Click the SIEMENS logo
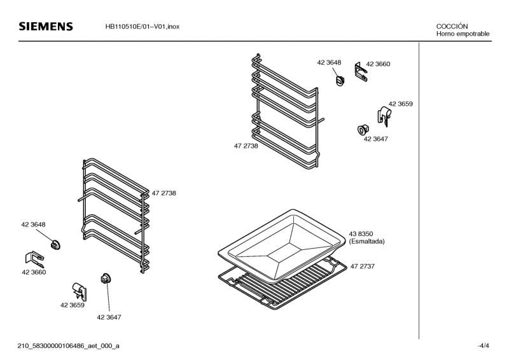pyautogui.click(x=46, y=26)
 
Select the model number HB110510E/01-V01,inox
pyautogui.click(x=142, y=27)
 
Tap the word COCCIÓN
pyautogui.click(x=452, y=26)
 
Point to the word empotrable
pyautogui.click(x=473, y=34)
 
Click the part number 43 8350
pyautogui.click(x=361, y=233)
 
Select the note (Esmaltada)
pyautogui.click(x=367, y=242)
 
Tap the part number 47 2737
pyautogui.click(x=362, y=267)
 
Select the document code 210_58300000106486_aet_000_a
pyautogui.click(x=69, y=346)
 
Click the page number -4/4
pyautogui.click(x=483, y=346)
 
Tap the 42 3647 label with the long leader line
pyautogui.click(x=109, y=317)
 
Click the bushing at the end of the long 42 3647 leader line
pyautogui.click(x=106, y=279)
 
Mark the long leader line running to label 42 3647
pyautogui.click(x=108, y=297)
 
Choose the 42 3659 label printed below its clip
pyautogui.click(x=73, y=305)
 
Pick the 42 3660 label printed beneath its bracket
pyautogui.click(x=34, y=272)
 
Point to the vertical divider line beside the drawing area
pyautogui.click(x=419, y=191)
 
